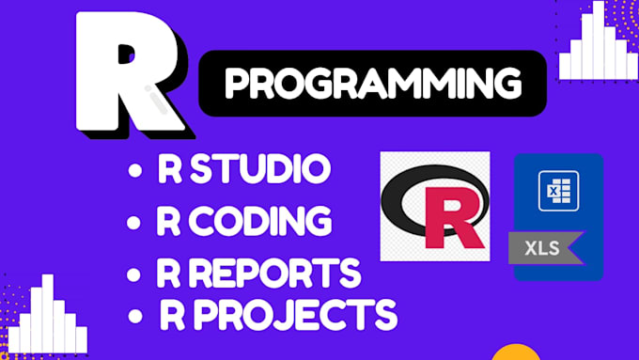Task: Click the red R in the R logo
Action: (452, 212)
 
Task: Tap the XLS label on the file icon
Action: (538, 248)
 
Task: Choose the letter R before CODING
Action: (170, 223)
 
